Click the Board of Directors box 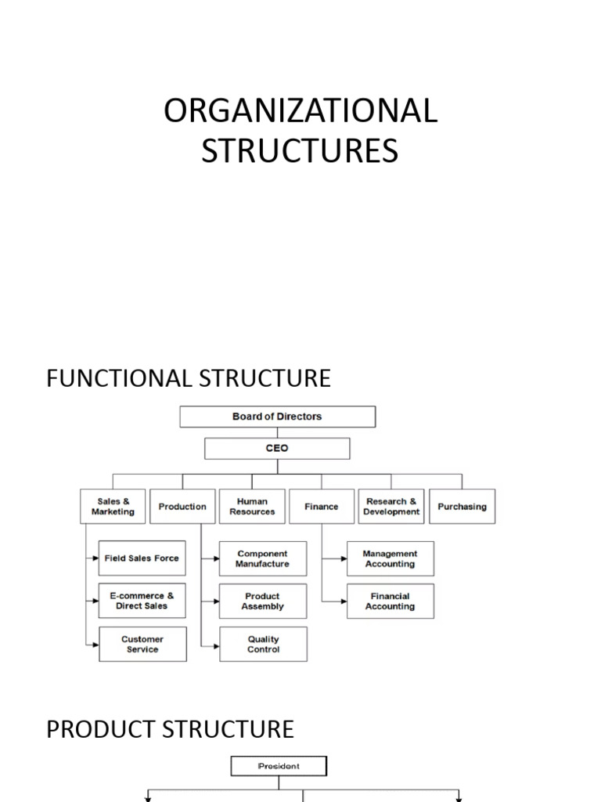(277, 417)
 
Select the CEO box (277, 449)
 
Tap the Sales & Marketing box (113, 507)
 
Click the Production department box (182, 507)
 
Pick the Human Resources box (252, 507)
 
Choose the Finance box (322, 507)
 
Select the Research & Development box (391, 507)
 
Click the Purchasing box (462, 507)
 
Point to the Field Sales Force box (142, 558)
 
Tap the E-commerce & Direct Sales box (142, 601)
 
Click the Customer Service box (142, 644)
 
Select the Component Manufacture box (263, 558)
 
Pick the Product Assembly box (263, 601)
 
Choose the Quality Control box (263, 644)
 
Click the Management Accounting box (390, 558)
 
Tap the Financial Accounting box (390, 601)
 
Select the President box (279, 766)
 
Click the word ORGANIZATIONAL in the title (300, 111)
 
